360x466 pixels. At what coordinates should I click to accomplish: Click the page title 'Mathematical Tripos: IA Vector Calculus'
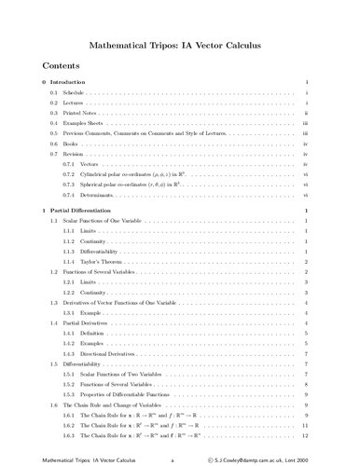point(180,44)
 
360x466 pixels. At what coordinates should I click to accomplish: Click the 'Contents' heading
point(62,67)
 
